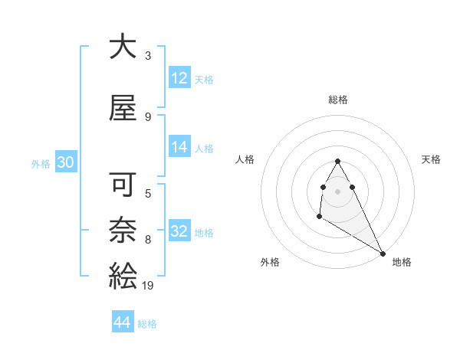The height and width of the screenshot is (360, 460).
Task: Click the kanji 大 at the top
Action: (x=123, y=48)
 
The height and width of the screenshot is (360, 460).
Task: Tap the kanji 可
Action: (x=123, y=186)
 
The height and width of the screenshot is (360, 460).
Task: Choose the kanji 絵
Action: (x=123, y=274)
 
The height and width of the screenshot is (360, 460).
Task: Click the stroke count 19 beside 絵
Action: (x=148, y=286)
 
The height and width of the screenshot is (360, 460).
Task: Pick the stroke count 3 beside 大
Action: (x=147, y=55)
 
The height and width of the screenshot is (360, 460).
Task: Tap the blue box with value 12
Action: (x=179, y=78)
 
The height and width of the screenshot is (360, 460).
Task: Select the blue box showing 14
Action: (x=179, y=148)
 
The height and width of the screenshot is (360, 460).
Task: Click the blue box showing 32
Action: (x=179, y=231)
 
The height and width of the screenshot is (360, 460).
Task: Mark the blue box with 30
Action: (x=66, y=162)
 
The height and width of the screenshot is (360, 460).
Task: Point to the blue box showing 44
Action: (x=123, y=323)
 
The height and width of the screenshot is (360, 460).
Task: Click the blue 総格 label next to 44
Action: (x=147, y=324)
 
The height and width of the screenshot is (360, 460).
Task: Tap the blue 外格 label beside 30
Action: (x=41, y=163)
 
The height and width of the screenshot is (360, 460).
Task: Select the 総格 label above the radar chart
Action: (x=338, y=100)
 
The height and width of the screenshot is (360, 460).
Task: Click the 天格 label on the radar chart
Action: (x=431, y=159)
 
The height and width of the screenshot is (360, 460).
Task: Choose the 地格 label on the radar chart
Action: (x=402, y=262)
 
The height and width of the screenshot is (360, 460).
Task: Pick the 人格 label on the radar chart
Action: (x=245, y=159)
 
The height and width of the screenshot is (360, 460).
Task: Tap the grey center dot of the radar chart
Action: (x=337, y=190)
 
